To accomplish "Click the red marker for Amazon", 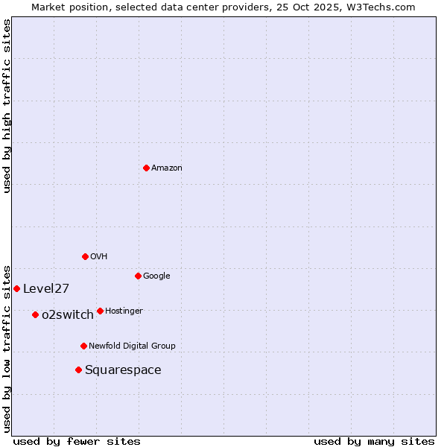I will coord(146,168).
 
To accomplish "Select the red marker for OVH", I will coord(85,256).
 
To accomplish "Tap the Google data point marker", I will coord(138,276).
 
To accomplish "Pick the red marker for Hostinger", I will coord(100,311).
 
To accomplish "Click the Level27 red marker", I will coord(16,288).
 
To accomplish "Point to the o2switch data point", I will coord(35,314).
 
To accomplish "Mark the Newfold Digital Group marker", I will coord(83,346).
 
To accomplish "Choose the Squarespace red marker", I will coord(78,370).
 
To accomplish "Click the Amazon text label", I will coord(167,168).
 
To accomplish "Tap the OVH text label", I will coord(99,257).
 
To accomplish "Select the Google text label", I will coord(156,276).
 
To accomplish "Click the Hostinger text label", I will coord(124,311).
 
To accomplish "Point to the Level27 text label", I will coord(46,289).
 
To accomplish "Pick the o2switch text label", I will coord(68,315).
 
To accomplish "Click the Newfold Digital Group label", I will coord(132,346).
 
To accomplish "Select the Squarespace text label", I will coord(123,370).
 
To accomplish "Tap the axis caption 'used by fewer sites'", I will coord(77,441).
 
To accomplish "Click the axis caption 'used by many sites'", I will coord(374,441).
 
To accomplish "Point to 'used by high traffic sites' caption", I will coord(7,106).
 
